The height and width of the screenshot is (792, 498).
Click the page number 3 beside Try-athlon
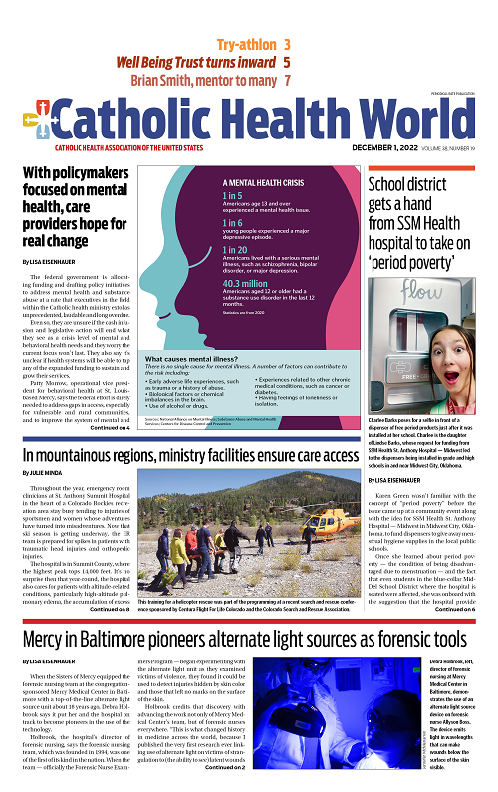[x=287, y=44]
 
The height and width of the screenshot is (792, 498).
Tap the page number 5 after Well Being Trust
[x=287, y=62]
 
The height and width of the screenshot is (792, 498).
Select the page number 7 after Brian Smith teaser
[x=287, y=80]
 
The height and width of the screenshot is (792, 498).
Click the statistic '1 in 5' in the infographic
[x=232, y=197]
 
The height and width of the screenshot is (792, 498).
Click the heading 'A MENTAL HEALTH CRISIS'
[x=263, y=183]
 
